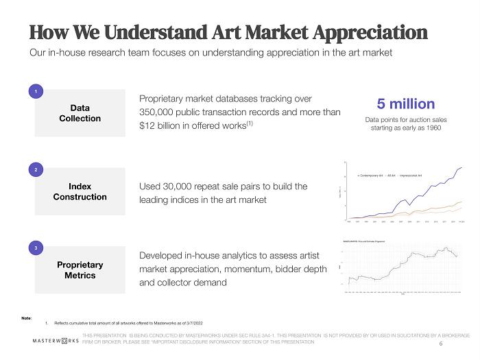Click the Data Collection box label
coord(80,113)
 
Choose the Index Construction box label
coord(80,191)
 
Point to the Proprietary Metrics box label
coord(80,270)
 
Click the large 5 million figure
coord(405,104)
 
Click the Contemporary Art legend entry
coord(374,176)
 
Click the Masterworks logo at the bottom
coord(55,340)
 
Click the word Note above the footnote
coord(27,316)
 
